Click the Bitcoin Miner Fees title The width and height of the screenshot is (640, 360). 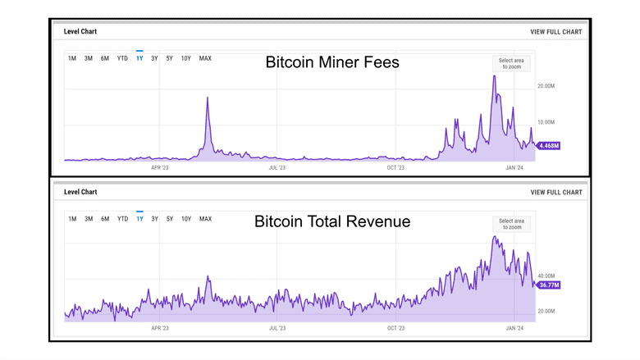tap(332, 62)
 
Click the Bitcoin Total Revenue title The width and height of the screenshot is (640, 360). tap(331, 221)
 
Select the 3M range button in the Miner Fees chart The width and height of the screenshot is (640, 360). tap(88, 58)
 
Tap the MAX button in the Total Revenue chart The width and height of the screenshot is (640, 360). tap(205, 219)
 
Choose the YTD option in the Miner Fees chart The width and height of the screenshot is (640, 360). tap(122, 58)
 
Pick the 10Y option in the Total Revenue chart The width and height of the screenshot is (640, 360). tap(186, 219)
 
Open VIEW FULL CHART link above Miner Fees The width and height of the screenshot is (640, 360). tap(556, 32)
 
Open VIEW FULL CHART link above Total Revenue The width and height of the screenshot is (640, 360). tap(556, 192)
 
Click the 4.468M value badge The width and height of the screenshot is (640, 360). tap(546, 145)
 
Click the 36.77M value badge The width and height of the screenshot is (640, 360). tap(546, 285)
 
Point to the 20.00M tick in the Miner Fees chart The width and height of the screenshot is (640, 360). tap(547, 86)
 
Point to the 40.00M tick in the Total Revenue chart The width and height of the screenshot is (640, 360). tap(547, 276)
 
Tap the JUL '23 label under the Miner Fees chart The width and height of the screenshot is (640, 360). tap(277, 167)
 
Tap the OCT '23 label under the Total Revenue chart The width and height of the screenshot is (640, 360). tap(395, 327)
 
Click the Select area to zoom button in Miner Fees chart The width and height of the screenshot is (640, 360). tap(511, 62)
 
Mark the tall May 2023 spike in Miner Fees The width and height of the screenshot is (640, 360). tap(208, 98)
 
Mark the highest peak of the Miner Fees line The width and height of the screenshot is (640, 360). tap(494, 76)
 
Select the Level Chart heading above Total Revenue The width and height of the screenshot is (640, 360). tap(80, 192)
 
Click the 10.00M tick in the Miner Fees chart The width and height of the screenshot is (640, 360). tap(547, 125)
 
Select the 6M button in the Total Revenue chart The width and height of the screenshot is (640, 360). tap(105, 219)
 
